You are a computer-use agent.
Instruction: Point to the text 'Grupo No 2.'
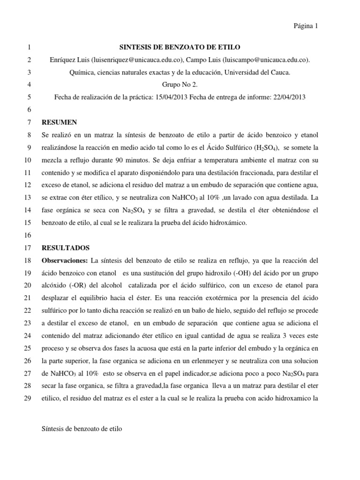[x=180, y=85]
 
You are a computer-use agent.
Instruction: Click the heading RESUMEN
[x=59, y=122]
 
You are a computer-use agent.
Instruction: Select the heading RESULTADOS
[x=66, y=247]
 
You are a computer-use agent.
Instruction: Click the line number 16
[x=26, y=235]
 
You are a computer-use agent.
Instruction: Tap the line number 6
[x=29, y=110]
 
